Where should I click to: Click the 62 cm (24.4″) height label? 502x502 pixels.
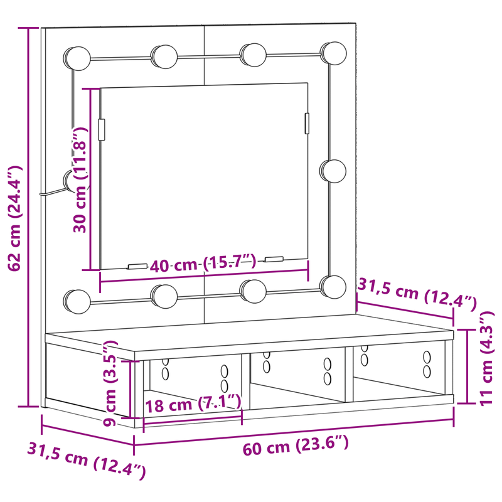tap(15, 218)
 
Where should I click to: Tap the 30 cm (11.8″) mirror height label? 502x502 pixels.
tap(80, 179)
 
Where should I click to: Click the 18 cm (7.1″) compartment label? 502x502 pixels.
tap(193, 403)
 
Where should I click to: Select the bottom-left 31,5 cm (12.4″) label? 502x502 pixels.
tap(86, 461)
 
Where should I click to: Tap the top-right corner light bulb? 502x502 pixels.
tap(332, 53)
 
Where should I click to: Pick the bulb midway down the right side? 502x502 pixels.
tap(333, 170)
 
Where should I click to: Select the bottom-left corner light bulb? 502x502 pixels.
tap(76, 300)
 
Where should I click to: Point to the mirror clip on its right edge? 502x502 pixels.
tap(307, 123)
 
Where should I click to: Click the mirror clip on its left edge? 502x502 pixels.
tap(102, 129)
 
